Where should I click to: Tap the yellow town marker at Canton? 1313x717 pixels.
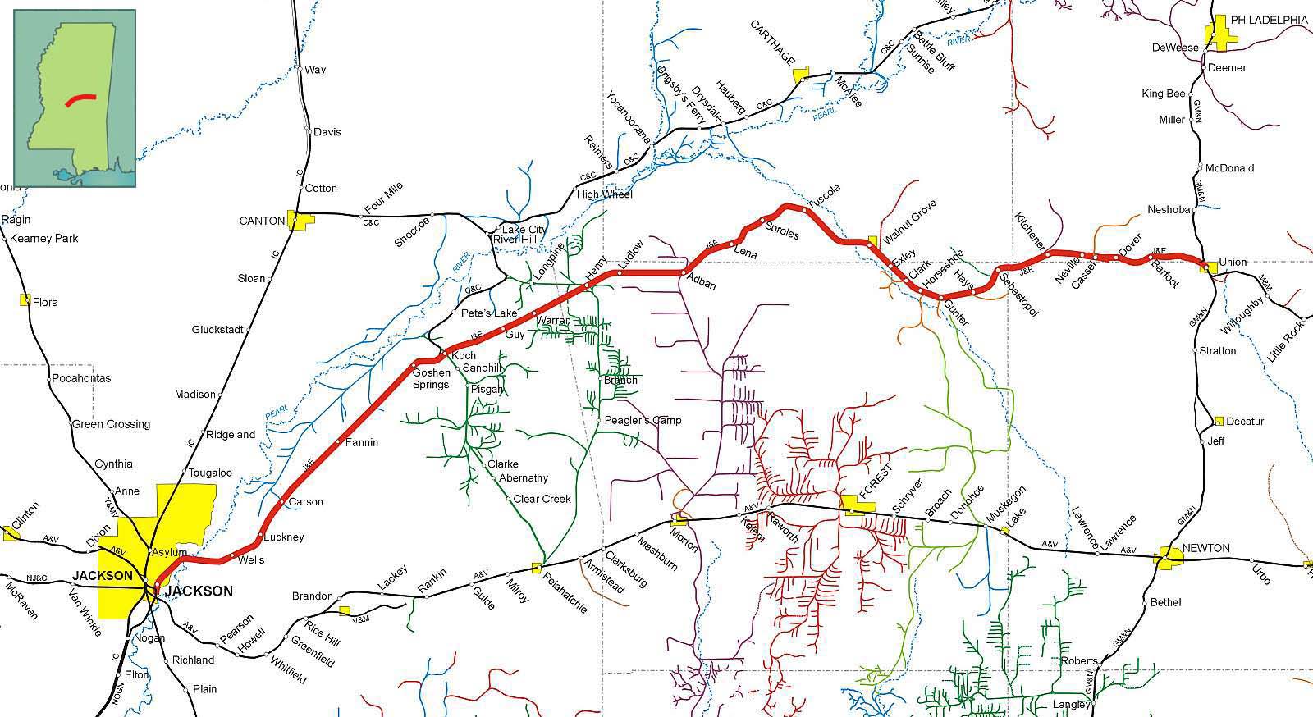pos(300,220)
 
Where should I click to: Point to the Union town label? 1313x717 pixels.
pos(1233,262)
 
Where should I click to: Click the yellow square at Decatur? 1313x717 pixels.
pos(1219,421)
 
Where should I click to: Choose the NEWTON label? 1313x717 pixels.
pos(1205,548)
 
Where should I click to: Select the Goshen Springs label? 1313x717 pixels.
pos(431,378)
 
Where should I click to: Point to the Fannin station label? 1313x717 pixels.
pos(361,443)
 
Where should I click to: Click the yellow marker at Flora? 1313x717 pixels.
pos(25,300)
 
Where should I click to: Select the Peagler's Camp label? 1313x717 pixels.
pos(643,421)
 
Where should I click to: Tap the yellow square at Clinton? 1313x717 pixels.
pos(11,533)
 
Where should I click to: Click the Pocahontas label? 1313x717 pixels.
pos(81,378)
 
